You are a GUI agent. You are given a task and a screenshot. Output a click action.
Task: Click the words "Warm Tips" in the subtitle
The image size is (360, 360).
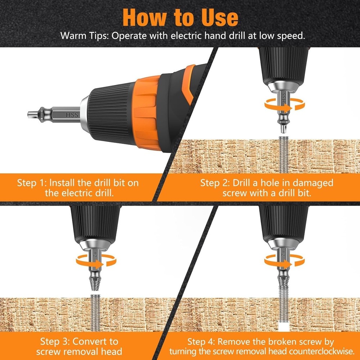pyautogui.click(x=82, y=36)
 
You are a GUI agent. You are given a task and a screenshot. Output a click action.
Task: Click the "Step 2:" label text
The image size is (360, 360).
pyautogui.click(x=215, y=183)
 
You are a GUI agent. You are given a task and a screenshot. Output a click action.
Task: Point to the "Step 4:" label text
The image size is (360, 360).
pyautogui.click(x=201, y=341)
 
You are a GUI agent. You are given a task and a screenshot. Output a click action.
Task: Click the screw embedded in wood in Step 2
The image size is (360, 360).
pyautogui.click(x=283, y=155)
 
